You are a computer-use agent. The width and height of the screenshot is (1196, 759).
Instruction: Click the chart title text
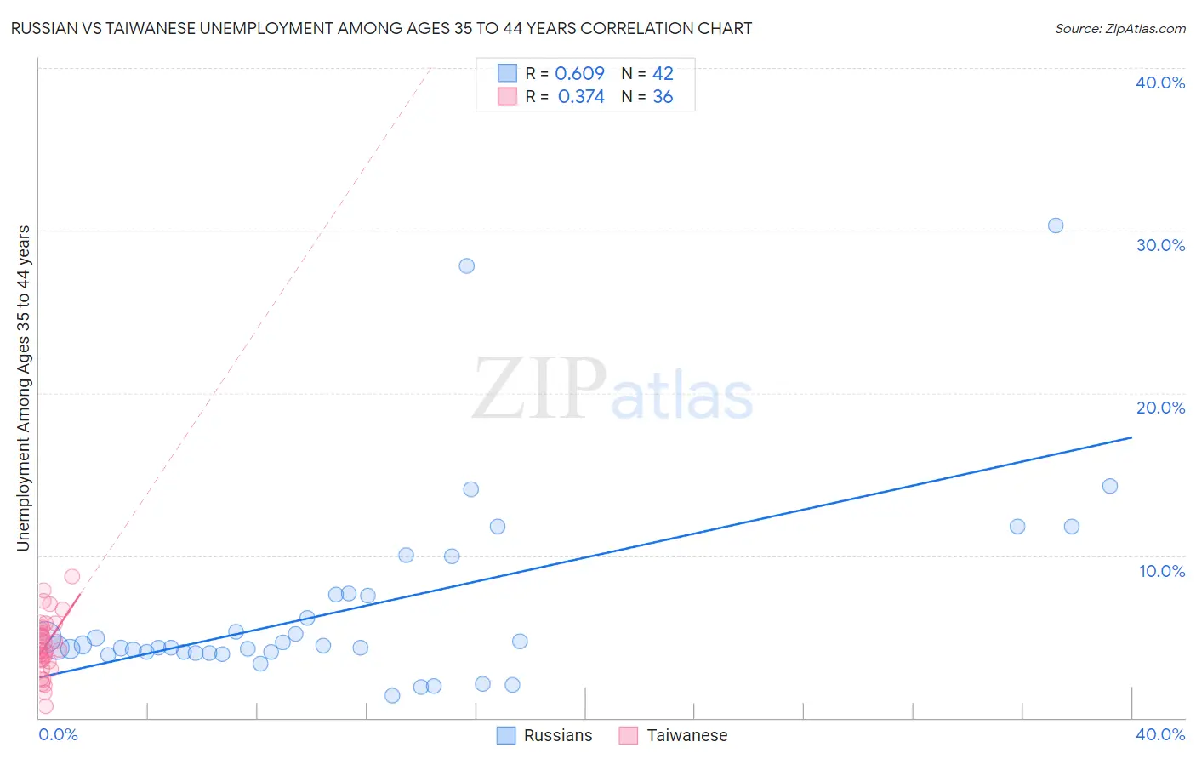[381, 28]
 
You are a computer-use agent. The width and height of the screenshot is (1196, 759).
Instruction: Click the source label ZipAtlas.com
[1119, 28]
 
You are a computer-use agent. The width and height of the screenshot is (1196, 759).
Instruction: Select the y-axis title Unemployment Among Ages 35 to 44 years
[23, 388]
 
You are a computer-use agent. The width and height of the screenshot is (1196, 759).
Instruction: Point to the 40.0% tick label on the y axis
[1160, 83]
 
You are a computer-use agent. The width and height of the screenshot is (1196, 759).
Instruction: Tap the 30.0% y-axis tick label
[1160, 245]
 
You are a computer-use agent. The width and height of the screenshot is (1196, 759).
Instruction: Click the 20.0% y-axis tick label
[1160, 408]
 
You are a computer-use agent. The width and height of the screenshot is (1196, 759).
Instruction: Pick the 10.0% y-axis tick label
[1162, 571]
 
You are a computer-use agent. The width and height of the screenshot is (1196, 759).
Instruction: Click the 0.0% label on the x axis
[58, 734]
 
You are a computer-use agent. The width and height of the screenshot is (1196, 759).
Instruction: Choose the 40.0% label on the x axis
[1160, 734]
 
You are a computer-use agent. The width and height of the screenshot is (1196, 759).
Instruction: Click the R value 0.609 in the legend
[579, 73]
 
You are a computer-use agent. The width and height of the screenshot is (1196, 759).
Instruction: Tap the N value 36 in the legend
[663, 97]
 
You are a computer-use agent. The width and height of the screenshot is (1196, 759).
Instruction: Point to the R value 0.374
[581, 97]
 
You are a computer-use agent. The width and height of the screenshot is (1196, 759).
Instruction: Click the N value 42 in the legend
[663, 73]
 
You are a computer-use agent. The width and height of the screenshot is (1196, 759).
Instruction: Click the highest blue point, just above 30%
[1056, 225]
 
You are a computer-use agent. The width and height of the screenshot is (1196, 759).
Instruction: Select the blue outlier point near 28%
[466, 265]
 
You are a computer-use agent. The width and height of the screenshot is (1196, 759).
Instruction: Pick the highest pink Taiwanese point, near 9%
[72, 576]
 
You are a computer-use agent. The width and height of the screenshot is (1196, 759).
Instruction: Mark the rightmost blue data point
[1110, 486]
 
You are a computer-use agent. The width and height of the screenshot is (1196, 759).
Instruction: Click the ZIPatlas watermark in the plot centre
[612, 390]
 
